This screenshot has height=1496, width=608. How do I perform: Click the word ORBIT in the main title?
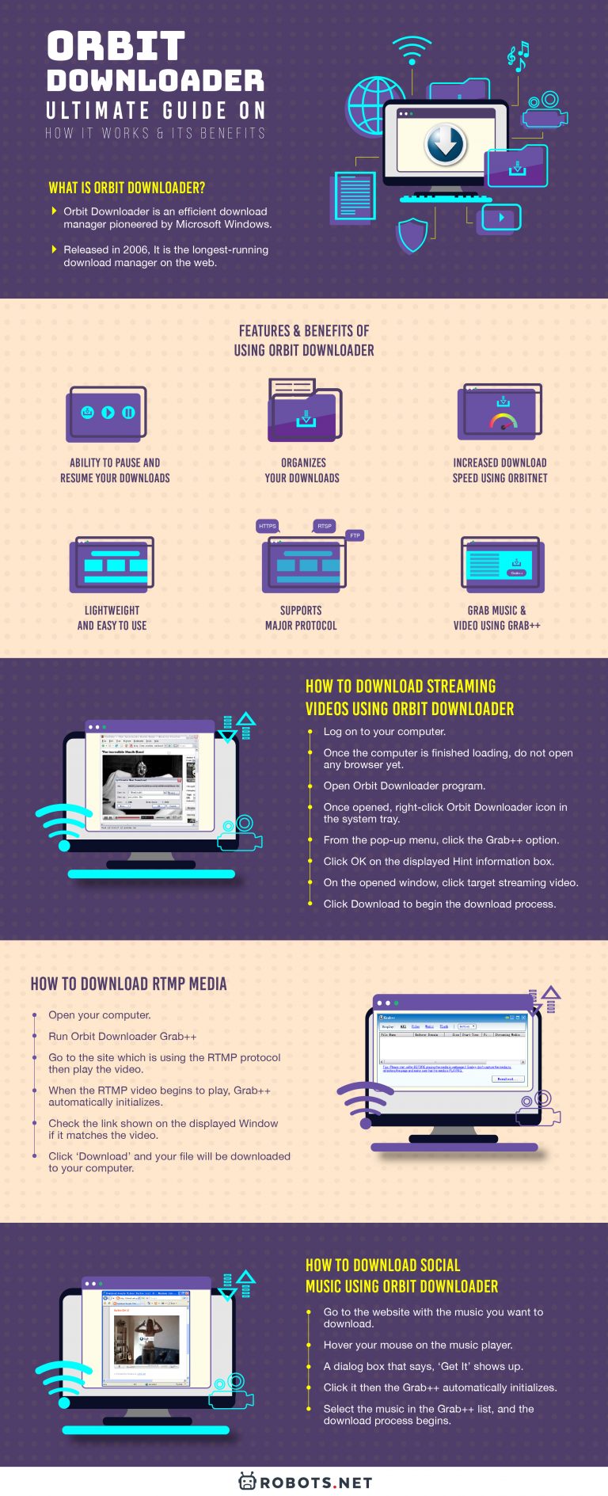[116, 47]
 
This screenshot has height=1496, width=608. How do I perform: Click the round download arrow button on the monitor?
[446, 143]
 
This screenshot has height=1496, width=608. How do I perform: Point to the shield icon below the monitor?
[412, 235]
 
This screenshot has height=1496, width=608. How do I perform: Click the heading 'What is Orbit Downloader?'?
[127, 188]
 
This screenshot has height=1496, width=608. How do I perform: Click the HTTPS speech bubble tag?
[268, 526]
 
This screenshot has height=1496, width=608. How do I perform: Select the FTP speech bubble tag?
[355, 536]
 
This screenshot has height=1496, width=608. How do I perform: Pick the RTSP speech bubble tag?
[325, 526]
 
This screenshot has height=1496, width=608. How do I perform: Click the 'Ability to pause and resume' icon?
[108, 413]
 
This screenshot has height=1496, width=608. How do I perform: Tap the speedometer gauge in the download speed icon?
[503, 421]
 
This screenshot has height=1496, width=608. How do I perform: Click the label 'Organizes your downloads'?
[302, 470]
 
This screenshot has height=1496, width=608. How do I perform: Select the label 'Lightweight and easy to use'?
[112, 618]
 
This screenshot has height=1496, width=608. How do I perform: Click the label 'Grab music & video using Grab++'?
[496, 618]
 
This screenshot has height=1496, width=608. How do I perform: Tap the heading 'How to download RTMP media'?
[128, 984]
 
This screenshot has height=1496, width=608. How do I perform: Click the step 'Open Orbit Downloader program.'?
[404, 786]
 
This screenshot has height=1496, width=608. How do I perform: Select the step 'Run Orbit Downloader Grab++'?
[122, 1036]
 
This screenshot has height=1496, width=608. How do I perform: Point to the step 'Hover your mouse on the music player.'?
[417, 1345]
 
